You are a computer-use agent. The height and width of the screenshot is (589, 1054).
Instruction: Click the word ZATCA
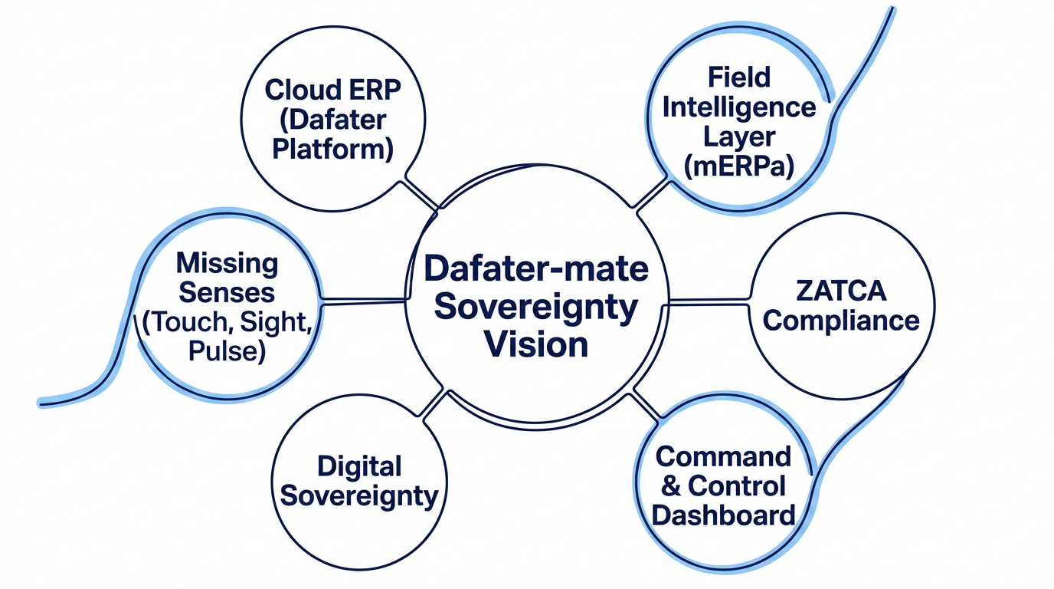pos(841,291)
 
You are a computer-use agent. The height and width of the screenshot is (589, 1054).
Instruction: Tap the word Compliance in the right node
pos(841,321)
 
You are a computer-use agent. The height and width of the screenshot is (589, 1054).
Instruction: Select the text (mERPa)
pos(738,166)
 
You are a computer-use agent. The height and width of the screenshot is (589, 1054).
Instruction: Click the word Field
pos(739,77)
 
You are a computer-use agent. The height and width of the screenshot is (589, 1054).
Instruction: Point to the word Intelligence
pos(739,108)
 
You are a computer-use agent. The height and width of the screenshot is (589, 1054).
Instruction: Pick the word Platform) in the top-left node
pos(332,150)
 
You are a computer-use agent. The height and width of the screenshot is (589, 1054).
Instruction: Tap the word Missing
pos(227,264)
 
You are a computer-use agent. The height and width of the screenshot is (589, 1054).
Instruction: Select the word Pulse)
pos(227,351)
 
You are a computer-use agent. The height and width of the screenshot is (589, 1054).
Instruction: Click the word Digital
pos(359,467)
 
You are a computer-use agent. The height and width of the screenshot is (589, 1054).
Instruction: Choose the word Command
pos(723,456)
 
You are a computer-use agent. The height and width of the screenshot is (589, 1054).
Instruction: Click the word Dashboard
pos(723,515)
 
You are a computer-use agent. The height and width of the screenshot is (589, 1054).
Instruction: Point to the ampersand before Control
pos(670,485)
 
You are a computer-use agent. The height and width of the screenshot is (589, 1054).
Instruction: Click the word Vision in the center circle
pos(536,344)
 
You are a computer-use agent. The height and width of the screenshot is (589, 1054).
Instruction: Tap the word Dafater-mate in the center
pos(536,269)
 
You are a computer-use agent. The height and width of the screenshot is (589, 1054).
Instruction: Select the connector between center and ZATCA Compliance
pos(709,302)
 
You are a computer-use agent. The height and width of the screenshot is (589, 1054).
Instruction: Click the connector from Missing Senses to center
pos(364,301)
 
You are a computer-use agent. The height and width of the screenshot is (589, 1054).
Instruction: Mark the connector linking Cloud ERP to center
pos(420,194)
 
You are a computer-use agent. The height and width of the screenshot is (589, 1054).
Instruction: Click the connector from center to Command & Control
pos(646,405)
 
